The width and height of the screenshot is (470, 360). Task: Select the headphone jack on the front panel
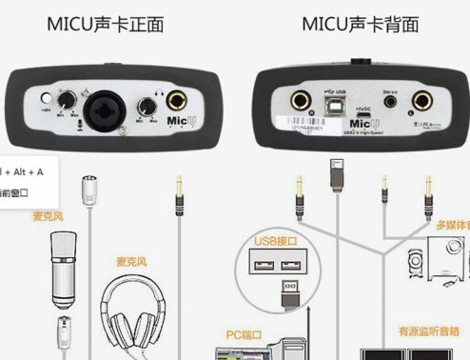point(178,102)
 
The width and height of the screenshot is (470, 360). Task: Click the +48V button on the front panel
point(45,99)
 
